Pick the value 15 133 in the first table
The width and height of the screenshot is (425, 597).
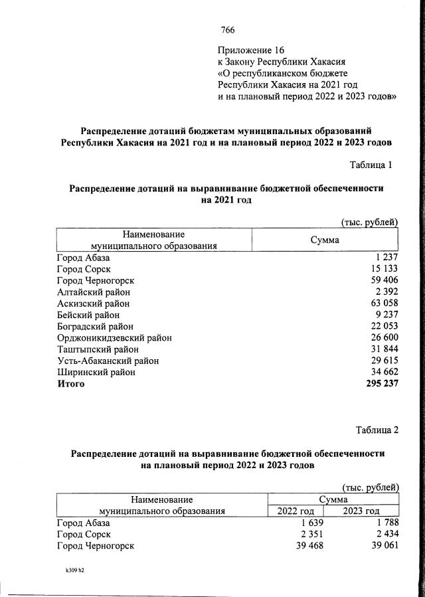[x=382, y=269]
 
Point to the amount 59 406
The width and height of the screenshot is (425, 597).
[x=382, y=280]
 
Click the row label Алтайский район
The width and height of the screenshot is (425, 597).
[x=94, y=292]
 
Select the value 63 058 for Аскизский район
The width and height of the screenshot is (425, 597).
[x=382, y=303]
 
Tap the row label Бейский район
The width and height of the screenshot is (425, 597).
[x=90, y=315]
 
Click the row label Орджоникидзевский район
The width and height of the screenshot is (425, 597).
[x=114, y=338]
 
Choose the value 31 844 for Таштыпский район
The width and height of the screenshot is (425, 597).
[x=382, y=349]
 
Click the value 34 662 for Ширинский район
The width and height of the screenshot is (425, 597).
[x=382, y=373]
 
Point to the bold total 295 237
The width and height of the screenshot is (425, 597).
[x=380, y=384]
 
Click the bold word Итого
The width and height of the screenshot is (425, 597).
[x=71, y=384]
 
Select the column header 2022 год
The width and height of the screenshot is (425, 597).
[x=295, y=511]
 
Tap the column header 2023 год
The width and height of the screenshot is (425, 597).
[x=361, y=511]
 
